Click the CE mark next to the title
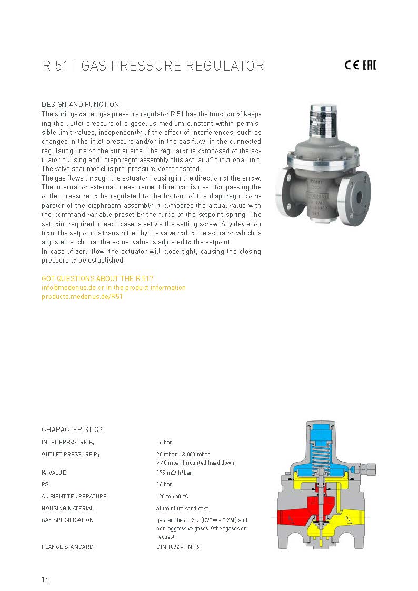(351, 65)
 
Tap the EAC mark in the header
(369, 65)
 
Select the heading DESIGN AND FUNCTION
(80, 104)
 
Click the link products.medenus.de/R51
(82, 296)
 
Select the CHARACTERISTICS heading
(72, 429)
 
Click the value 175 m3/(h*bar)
(175, 473)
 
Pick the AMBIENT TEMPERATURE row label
(74, 496)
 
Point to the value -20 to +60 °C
(172, 496)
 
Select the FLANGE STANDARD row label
(67, 547)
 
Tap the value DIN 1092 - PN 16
(178, 547)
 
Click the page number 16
(45, 579)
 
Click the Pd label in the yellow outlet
(348, 519)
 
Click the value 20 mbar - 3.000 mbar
(183, 454)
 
